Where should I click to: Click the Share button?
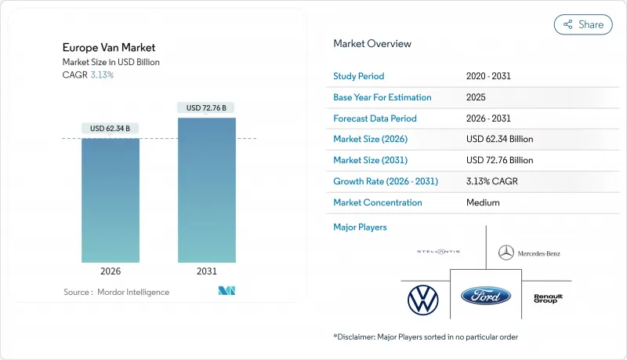pos(582,24)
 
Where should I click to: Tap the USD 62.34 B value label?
pos(111,129)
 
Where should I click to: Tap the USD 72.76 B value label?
pos(207,107)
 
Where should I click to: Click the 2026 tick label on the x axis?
pos(111,271)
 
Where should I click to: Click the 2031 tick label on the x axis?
pos(207,271)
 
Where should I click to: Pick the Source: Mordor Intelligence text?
pos(116,292)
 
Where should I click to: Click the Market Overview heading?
pos(372,44)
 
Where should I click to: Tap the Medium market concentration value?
pos(482,202)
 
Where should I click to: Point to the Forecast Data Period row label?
pos(375,118)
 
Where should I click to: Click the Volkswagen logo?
pos(422,299)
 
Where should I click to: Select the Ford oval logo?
pos(486,296)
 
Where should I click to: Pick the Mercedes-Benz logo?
pos(529,253)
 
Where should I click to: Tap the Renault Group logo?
pos(548,298)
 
